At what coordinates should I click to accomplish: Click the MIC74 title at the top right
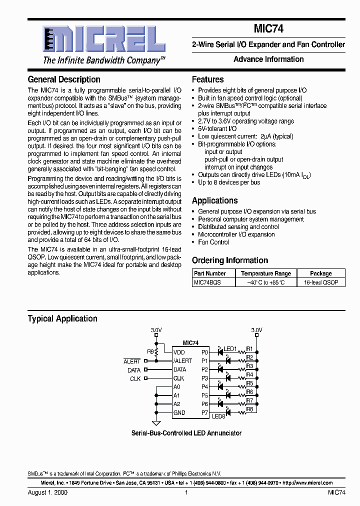pyautogui.click(x=268, y=29)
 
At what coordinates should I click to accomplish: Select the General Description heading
pyautogui.click(x=64, y=79)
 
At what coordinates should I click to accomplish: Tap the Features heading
pyautogui.click(x=207, y=79)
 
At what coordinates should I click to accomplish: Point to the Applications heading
pyautogui.click(x=214, y=200)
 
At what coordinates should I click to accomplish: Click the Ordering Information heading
pyautogui.click(x=229, y=260)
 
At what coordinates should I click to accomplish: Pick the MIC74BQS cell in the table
pyautogui.click(x=207, y=282)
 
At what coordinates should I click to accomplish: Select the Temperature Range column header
pyautogui.click(x=265, y=273)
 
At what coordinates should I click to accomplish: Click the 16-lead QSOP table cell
pyautogui.click(x=321, y=282)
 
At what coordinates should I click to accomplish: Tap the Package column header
pyautogui.click(x=321, y=273)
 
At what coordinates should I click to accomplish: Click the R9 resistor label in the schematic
pyautogui.click(x=150, y=352)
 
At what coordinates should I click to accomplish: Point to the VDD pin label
pyautogui.click(x=179, y=352)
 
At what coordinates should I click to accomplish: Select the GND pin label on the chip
pyautogui.click(x=179, y=412)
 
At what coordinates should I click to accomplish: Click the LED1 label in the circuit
pyautogui.click(x=230, y=348)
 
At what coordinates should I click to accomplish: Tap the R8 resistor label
pyautogui.click(x=249, y=409)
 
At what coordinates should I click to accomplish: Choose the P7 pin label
pyautogui.click(x=204, y=412)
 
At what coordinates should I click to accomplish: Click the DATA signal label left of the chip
pyautogui.click(x=134, y=370)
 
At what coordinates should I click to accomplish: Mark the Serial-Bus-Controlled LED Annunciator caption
pyautogui.click(x=186, y=433)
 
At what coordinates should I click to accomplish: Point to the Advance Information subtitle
pyautogui.click(x=268, y=59)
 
